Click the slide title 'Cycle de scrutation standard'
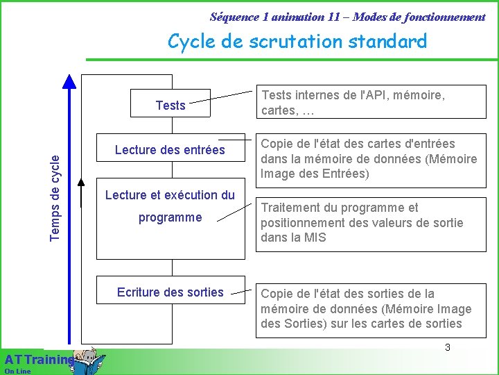[297, 42]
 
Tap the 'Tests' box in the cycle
[170, 106]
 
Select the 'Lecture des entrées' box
[170, 150]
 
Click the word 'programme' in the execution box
[170, 217]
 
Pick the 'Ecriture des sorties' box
[170, 292]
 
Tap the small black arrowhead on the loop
[82, 184]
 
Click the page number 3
[448, 347]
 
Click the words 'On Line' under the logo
[17, 372]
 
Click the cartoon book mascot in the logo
[89, 361]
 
